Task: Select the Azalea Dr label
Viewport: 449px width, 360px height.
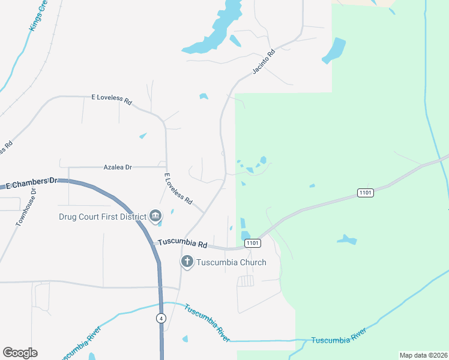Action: [118, 167]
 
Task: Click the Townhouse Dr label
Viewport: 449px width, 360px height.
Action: [26, 207]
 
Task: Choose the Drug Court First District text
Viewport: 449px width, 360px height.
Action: [102, 217]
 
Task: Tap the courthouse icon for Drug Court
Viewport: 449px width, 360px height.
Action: [155, 215]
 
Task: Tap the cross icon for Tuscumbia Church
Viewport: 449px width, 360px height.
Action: [187, 262]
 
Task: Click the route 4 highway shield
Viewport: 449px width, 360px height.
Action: [161, 318]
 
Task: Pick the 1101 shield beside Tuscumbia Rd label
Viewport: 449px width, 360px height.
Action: [252, 243]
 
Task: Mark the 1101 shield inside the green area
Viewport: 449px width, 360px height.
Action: [365, 193]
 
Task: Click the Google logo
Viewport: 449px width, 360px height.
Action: [20, 353]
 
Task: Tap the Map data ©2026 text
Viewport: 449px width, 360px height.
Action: [423, 355]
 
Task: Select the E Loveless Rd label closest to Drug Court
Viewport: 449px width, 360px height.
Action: [178, 188]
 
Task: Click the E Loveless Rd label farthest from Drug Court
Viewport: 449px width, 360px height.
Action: [111, 99]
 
